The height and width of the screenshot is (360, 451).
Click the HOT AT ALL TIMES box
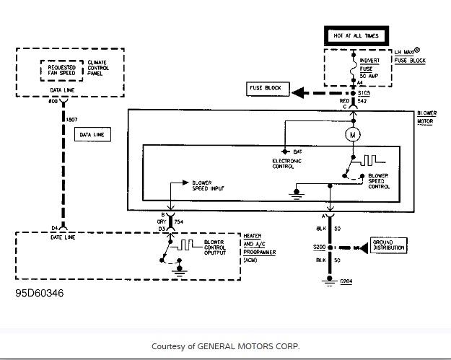[356, 36]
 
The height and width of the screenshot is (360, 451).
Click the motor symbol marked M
[353, 134]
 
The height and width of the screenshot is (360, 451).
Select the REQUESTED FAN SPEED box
[61, 71]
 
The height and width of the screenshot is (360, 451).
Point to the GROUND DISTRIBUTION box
[387, 247]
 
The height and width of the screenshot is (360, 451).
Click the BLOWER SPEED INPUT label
[208, 185]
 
